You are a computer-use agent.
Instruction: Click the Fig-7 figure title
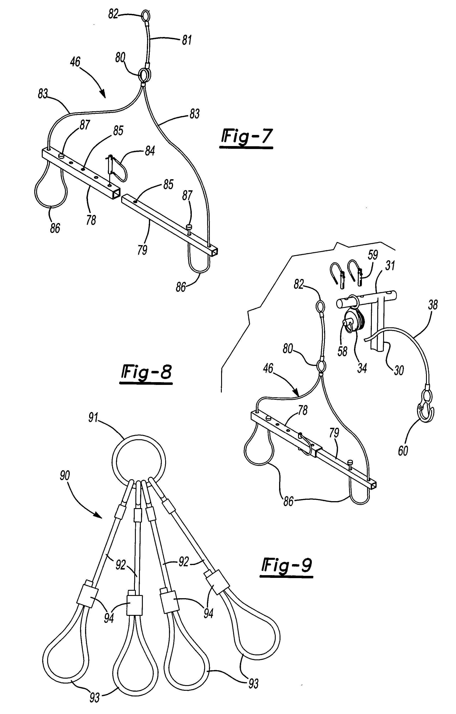246,137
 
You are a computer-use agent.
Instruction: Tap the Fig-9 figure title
287,565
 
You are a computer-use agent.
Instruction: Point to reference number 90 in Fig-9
65,475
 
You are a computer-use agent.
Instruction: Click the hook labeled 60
426,409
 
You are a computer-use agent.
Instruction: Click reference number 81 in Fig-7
187,40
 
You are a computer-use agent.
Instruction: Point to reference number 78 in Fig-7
91,220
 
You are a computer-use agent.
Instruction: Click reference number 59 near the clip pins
373,255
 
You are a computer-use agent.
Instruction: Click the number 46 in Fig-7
75,62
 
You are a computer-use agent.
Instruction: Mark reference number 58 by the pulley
343,351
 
